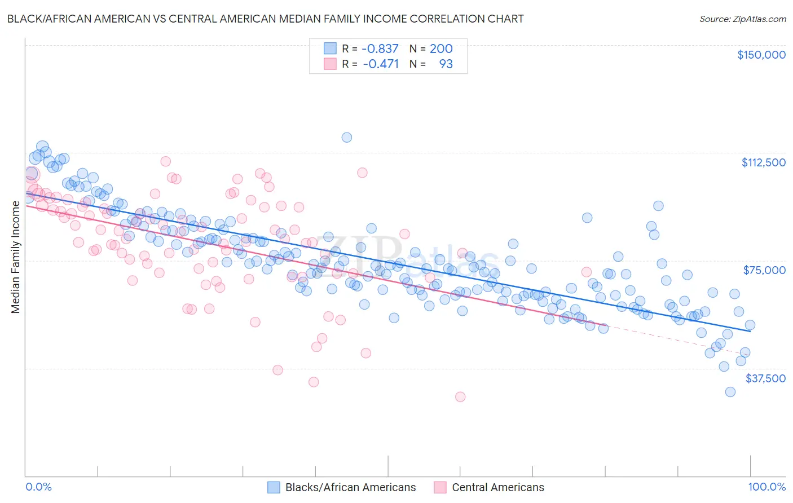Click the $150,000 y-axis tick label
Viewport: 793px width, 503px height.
761,55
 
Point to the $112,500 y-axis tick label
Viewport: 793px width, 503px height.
763,162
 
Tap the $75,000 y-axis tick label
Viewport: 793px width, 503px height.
764,270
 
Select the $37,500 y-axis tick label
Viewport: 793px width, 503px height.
765,378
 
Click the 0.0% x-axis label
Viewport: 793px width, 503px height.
38,487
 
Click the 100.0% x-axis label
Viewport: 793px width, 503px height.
766,487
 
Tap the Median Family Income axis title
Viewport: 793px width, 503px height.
15,257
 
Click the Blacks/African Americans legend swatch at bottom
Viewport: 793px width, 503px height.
274,487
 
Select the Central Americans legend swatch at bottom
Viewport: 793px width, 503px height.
440,487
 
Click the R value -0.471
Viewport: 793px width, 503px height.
380,64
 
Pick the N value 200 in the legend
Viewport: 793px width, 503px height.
441,48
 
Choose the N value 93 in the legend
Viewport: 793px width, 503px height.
446,64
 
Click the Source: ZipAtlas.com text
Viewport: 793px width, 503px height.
742,19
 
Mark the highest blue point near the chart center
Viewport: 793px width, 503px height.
347,138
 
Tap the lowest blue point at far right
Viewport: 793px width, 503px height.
730,392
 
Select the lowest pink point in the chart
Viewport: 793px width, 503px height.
460,397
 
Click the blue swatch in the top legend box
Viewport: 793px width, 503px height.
330,48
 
